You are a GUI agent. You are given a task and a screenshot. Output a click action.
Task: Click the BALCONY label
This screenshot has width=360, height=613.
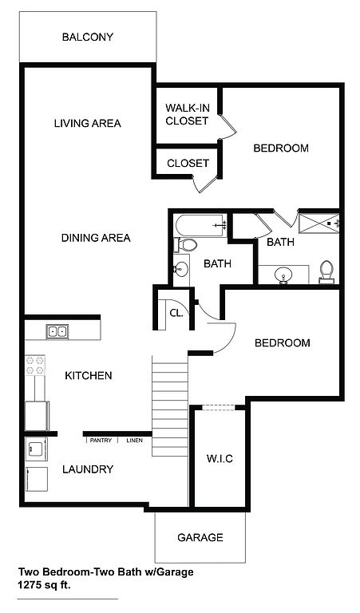point(88,38)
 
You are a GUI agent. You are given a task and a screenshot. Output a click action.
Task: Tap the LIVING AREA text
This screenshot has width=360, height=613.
point(88,124)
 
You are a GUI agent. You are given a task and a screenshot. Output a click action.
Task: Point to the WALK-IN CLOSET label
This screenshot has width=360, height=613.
point(187,114)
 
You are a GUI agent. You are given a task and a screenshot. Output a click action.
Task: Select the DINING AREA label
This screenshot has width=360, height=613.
point(96,238)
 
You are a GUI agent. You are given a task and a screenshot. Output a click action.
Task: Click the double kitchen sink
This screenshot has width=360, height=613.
point(57,331)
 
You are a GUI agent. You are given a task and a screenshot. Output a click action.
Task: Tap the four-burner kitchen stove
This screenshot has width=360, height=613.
point(35,365)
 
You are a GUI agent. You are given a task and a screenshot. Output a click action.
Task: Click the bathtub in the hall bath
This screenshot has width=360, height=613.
point(201,225)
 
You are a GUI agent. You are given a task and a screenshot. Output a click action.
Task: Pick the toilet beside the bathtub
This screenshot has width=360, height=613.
point(185,245)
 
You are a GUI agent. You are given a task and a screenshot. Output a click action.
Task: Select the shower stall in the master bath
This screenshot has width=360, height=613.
point(318,223)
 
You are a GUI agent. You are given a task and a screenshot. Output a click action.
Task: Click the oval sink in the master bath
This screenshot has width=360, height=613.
point(283,275)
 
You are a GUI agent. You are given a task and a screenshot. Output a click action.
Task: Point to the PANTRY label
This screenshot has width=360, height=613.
point(101,441)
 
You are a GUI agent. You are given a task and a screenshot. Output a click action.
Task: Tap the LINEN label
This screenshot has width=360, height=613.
point(134,441)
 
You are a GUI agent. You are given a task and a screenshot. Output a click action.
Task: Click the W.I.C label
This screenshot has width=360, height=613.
point(220,459)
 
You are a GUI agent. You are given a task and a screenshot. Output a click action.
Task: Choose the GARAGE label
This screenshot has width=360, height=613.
point(200,537)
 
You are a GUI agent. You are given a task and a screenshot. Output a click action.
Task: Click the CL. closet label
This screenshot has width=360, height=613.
point(176,313)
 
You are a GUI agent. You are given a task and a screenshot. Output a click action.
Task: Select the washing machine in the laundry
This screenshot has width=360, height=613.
point(36,449)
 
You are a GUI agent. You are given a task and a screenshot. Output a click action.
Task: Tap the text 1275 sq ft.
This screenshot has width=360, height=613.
point(44,586)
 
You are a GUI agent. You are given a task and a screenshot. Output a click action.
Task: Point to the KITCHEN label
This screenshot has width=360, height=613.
point(89,376)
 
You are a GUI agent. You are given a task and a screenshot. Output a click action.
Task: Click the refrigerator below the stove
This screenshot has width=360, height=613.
point(38,416)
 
